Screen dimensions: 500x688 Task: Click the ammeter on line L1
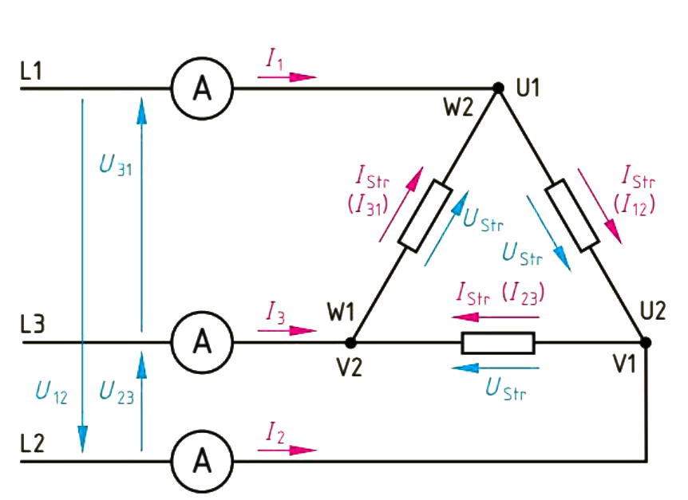point(202,89)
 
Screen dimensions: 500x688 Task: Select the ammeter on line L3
point(202,343)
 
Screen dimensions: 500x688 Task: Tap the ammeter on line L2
point(202,461)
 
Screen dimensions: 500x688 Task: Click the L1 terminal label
point(33,71)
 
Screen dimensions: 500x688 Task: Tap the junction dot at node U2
point(646,343)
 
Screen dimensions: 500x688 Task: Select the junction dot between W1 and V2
point(350,343)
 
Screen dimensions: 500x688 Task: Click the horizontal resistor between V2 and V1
point(498,343)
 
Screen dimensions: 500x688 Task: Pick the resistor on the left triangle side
point(425,216)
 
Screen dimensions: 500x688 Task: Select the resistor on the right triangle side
point(571,216)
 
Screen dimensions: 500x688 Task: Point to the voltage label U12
point(53,392)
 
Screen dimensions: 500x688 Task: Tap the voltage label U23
point(117,392)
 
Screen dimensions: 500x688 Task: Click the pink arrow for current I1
point(287,77)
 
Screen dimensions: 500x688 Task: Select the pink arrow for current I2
point(287,451)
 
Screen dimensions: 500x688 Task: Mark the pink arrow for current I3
point(287,331)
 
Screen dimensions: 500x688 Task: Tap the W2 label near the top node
point(459,107)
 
